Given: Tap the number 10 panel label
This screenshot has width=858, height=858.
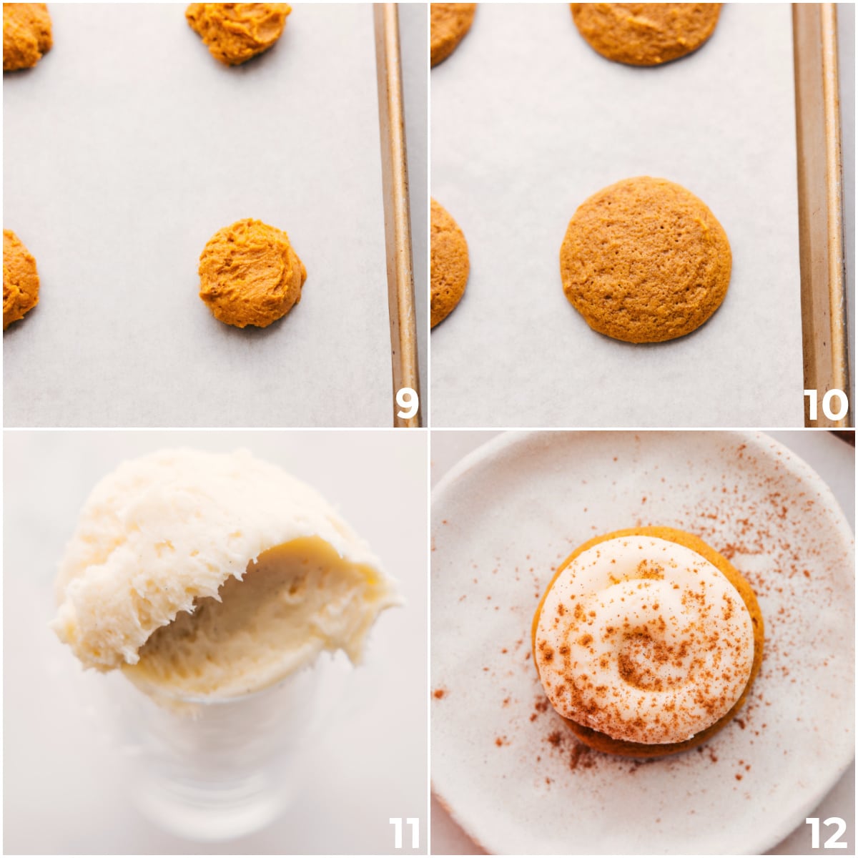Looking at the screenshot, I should click(x=825, y=405).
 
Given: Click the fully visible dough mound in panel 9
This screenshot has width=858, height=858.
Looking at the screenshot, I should click(x=252, y=273).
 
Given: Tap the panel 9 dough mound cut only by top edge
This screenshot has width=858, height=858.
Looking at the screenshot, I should click(x=239, y=30).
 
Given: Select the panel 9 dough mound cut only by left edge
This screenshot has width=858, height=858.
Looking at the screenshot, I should click(x=19, y=278).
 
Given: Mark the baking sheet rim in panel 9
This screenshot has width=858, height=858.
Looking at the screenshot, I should click(x=397, y=214).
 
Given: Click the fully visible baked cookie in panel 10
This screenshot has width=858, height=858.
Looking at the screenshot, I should click(x=646, y=259).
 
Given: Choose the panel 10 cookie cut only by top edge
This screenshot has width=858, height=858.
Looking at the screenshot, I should click(x=646, y=32).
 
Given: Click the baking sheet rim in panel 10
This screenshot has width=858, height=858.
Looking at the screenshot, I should click(x=820, y=214).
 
